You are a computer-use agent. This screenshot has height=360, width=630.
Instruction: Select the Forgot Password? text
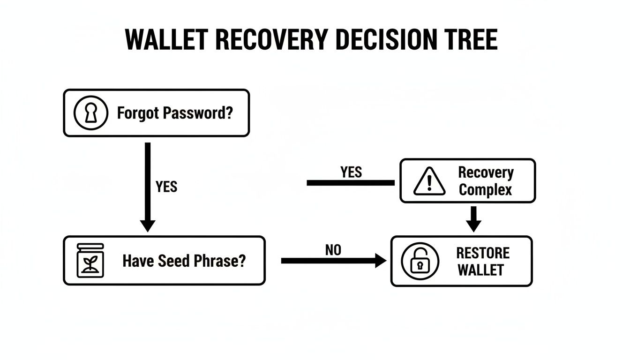point(174,113)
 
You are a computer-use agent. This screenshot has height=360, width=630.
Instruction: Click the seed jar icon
point(90,261)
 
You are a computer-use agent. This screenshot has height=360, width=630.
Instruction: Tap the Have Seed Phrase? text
point(184,261)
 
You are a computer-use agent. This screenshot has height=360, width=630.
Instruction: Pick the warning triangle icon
point(428,181)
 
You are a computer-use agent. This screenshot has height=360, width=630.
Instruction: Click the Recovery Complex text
point(485,181)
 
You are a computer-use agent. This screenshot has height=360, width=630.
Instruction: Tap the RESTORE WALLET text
point(482,261)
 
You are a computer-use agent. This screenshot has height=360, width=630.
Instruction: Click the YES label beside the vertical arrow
point(166,187)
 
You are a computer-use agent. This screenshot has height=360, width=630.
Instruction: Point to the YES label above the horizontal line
point(351,172)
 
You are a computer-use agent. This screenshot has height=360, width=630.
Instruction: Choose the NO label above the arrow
point(333,250)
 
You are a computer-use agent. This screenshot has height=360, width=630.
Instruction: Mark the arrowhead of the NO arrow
point(381,261)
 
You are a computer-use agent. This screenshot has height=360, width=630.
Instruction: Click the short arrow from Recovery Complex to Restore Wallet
point(474,219)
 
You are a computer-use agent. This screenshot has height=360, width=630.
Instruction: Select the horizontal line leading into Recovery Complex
point(350,183)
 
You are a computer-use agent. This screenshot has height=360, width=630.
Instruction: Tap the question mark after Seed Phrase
point(241,261)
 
